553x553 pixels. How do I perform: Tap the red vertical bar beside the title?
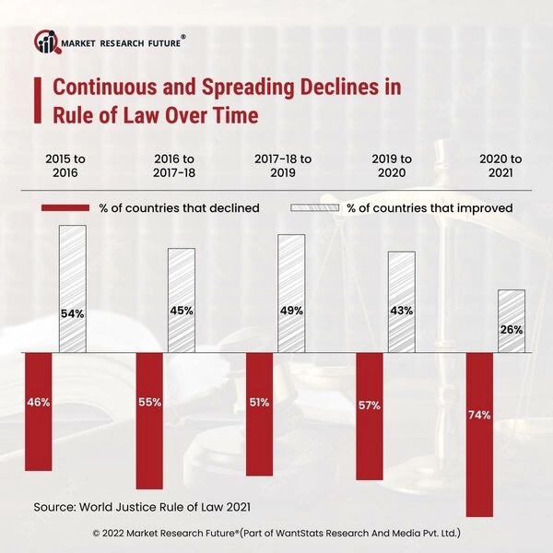37,101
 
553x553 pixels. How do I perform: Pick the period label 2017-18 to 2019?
283,166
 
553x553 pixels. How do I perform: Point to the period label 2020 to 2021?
500,166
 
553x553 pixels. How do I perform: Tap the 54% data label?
73,313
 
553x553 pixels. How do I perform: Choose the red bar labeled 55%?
149,420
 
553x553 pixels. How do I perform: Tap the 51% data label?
259,402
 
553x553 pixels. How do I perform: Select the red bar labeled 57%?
369,415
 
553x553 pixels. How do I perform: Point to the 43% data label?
401,311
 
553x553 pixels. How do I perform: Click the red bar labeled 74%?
479,433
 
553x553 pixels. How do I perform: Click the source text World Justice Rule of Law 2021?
142,507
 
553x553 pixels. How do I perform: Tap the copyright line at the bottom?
276,533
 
